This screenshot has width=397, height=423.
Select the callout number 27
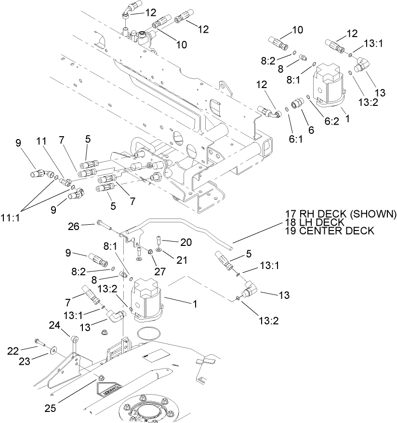(x=160, y=271)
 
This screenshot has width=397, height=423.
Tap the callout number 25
(x=50, y=409)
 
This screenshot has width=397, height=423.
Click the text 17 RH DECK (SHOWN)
(x=340, y=213)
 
